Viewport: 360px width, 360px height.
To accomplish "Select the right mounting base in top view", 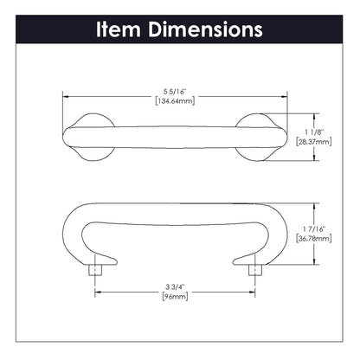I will pos(262,135).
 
